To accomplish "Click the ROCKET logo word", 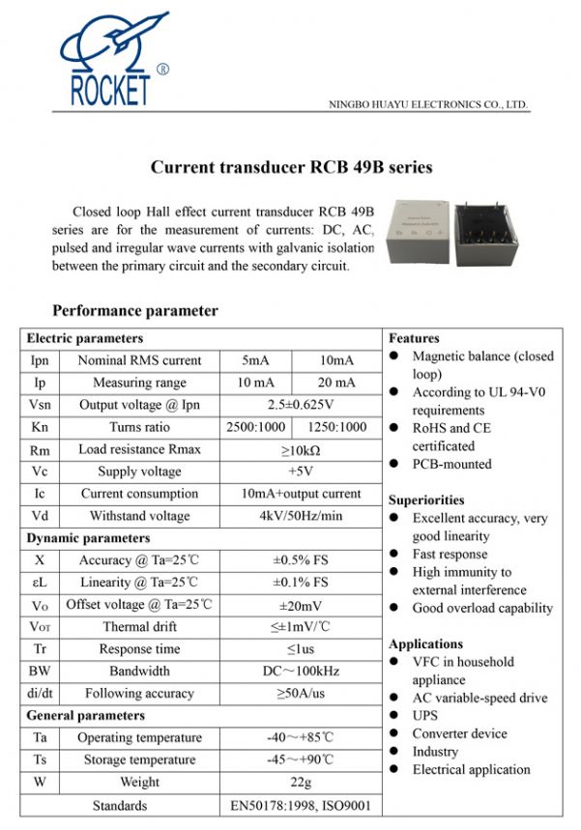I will tap(109, 90).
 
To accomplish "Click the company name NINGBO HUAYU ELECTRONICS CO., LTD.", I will tap(428, 103).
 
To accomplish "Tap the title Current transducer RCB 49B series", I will tap(291, 167).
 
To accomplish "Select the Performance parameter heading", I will tap(134, 311).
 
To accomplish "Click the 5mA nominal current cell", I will tap(256, 360).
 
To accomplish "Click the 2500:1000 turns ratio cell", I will tap(256, 427).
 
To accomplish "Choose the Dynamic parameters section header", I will tap(88, 538).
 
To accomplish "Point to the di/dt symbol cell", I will tap(40, 694).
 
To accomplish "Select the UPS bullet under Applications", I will tap(424, 716).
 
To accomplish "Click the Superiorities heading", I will tap(426, 501).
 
